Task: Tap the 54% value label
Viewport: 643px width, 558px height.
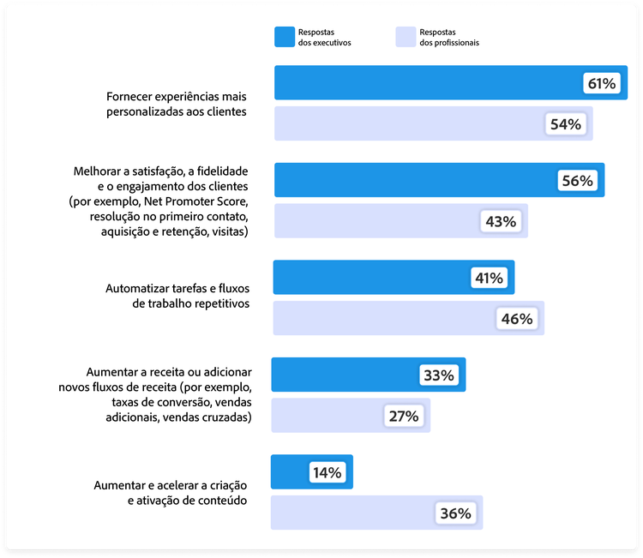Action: (566, 124)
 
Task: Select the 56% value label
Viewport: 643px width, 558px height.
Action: (576, 181)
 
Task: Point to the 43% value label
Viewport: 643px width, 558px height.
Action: (501, 221)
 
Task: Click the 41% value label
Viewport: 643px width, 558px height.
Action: (489, 279)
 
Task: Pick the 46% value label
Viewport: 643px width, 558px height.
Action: (517, 319)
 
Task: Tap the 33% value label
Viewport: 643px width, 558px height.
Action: (440, 375)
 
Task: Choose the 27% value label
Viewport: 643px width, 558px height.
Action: (403, 416)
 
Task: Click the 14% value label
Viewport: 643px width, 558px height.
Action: (327, 472)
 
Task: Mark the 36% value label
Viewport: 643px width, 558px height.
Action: (455, 513)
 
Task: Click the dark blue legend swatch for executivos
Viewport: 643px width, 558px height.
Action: (285, 36)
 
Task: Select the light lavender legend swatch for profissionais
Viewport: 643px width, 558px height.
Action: (406, 36)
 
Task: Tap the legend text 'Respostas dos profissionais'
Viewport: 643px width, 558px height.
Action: (449, 36)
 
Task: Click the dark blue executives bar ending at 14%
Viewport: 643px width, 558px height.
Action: (291, 472)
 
